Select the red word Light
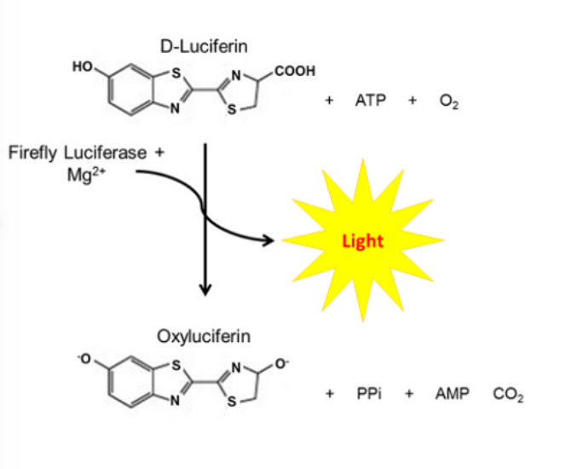coord(363,240)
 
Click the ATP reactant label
coord(371,101)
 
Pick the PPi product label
coord(368,396)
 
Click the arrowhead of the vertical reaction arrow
coord(205,291)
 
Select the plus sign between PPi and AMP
coord(408,396)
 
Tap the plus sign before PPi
coord(329,396)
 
